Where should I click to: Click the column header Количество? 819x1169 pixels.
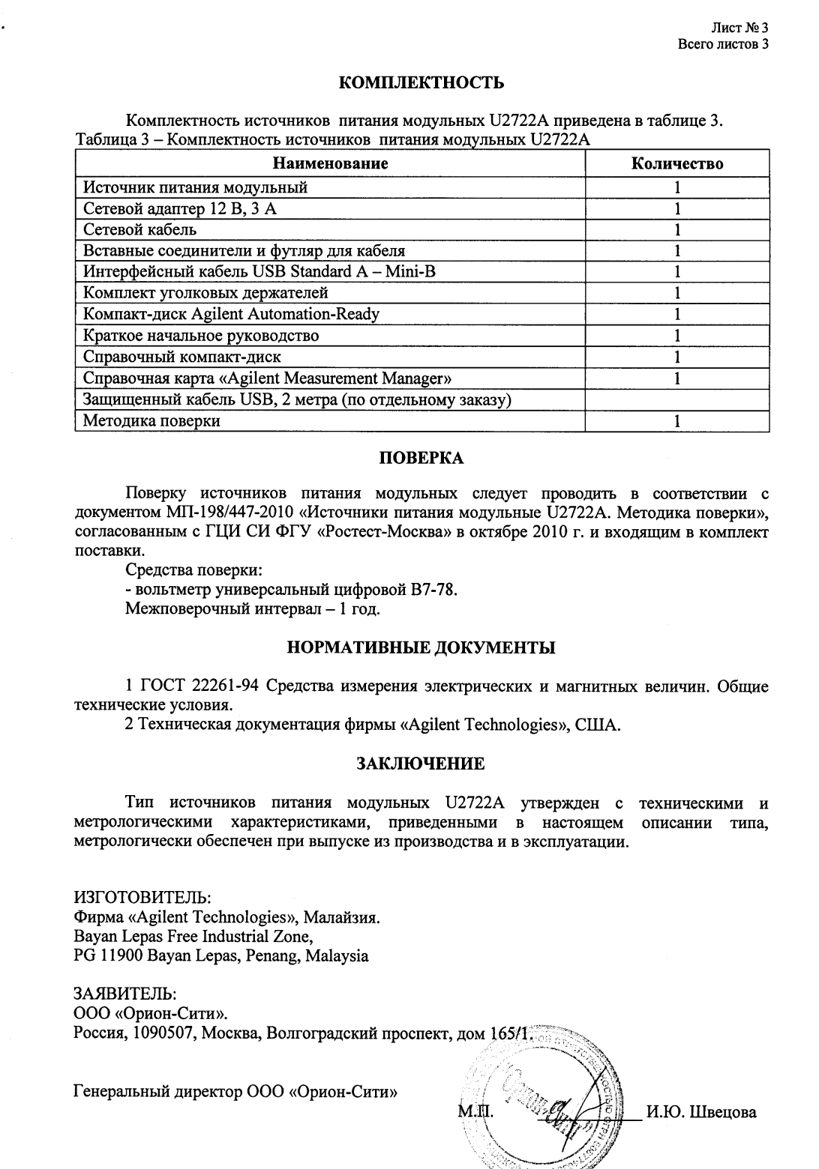coord(676,163)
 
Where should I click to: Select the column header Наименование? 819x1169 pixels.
coord(330,163)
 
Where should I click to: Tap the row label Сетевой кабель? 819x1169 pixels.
coord(140,229)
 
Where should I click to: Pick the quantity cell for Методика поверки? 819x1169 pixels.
coord(676,421)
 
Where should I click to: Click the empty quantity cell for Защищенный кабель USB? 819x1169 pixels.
coord(676,400)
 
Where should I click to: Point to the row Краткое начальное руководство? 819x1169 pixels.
coord(201,336)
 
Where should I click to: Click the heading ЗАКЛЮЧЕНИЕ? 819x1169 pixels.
coord(420,764)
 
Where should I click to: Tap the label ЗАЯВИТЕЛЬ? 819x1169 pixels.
coord(124,994)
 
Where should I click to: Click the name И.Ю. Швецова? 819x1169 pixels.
coord(701,1111)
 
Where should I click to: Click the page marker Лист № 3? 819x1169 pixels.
coord(739,28)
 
